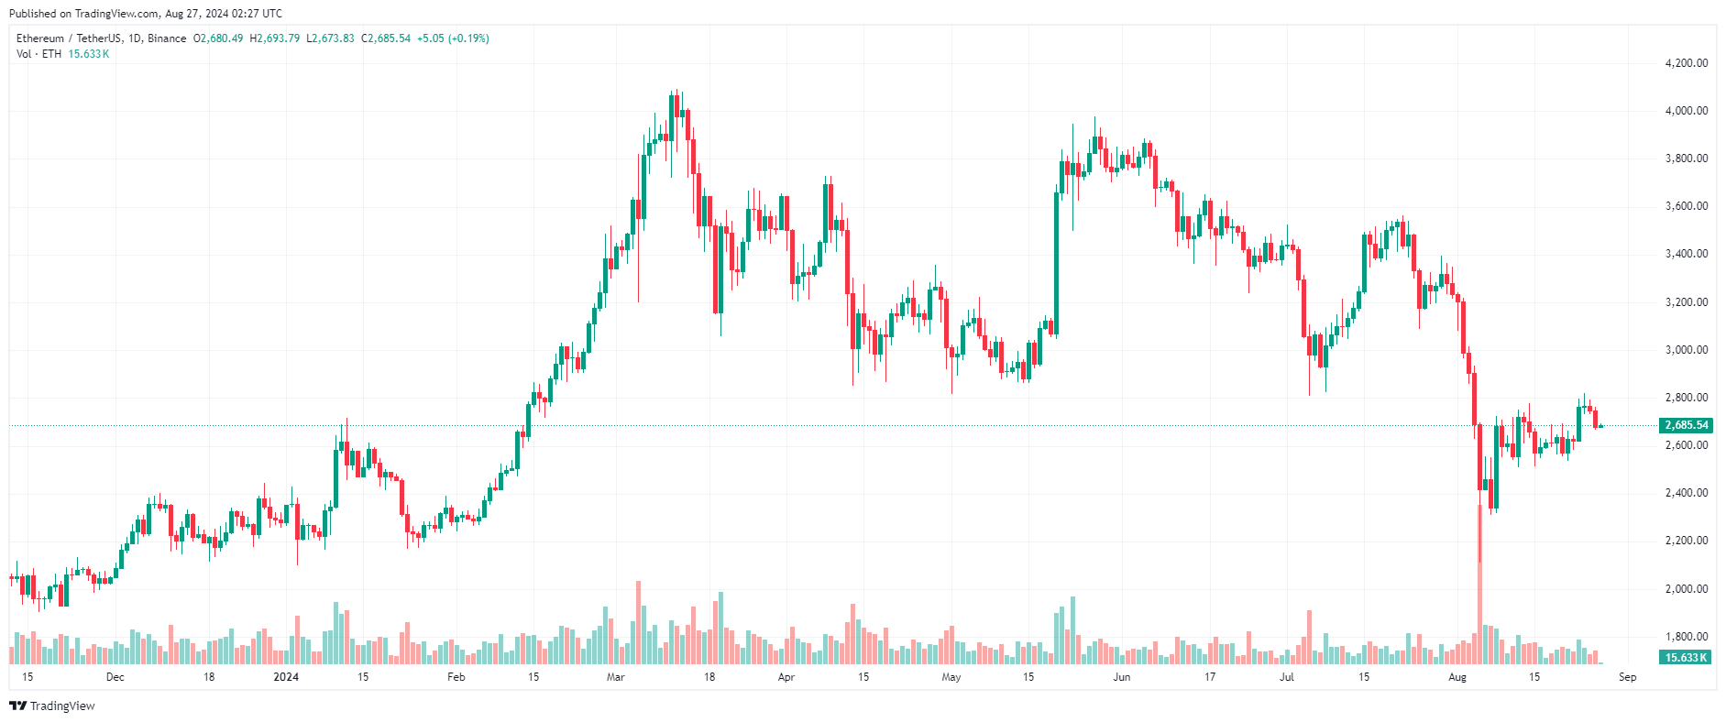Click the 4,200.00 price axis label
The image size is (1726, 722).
[x=1686, y=63]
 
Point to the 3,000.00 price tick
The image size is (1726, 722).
[x=1686, y=350]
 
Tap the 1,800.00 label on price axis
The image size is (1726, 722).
[x=1686, y=637]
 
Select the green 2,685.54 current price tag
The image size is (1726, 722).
[x=1686, y=425]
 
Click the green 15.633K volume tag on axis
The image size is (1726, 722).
[x=1686, y=658]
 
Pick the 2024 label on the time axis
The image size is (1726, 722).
[x=286, y=677]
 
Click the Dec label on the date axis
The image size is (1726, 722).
[x=115, y=677]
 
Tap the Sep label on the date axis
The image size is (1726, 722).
[x=1627, y=677]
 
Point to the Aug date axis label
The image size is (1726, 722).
[x=1457, y=677]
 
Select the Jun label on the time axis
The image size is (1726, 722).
[x=1121, y=677]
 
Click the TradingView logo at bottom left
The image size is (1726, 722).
[x=52, y=706]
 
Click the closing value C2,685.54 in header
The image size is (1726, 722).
[x=386, y=38]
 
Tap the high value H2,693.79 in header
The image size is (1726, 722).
[x=275, y=38]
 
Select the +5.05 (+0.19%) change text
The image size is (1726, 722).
[x=453, y=38]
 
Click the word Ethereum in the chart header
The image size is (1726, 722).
[x=40, y=38]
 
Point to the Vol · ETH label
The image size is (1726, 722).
[x=38, y=54]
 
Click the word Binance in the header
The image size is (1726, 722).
[x=167, y=38]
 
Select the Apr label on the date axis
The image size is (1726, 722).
[x=786, y=677]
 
